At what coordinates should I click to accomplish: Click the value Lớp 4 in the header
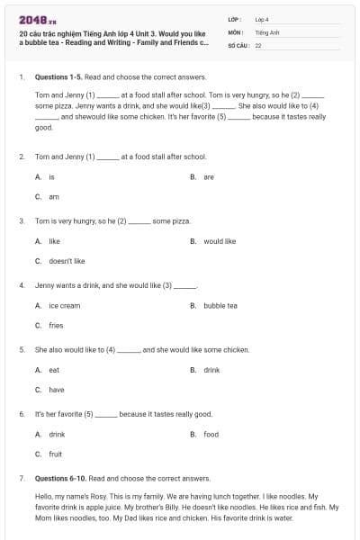pos(262,19)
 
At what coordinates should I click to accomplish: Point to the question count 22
pos(258,44)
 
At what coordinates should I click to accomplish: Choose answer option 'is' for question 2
pos(51,177)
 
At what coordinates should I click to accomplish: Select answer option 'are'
pos(208,177)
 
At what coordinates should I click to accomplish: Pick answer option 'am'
pos(52,196)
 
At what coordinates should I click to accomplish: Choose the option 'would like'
pos(220,241)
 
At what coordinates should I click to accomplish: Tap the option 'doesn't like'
pos(67,261)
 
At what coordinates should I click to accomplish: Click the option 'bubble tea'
pos(220,306)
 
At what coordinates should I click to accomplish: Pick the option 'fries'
pos(56,326)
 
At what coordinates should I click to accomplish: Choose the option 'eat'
pos(54,370)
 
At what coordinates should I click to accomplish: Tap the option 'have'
pos(56,390)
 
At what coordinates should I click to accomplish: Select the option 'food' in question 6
pos(211,435)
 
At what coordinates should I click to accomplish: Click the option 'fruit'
pos(55,454)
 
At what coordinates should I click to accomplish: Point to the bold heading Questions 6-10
pos(59,478)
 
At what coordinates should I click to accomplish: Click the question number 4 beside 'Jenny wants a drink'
pos(22,285)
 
